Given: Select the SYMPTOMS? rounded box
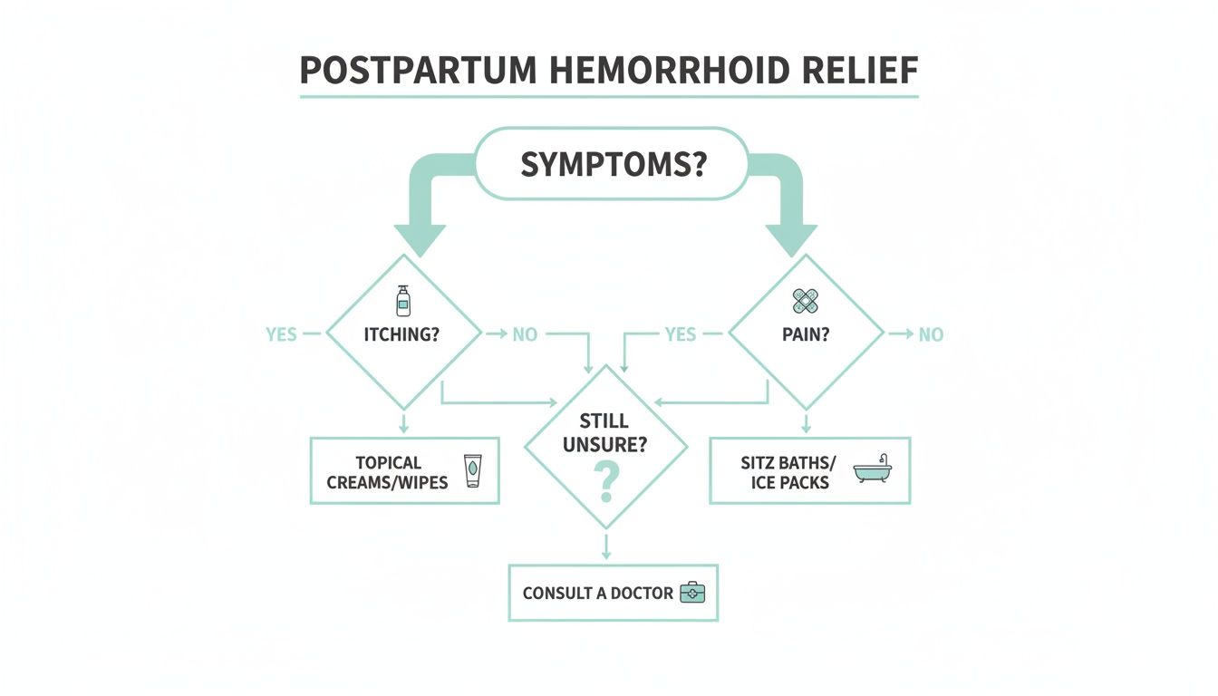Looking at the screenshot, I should [612, 164].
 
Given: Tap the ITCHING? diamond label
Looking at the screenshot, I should [402, 334].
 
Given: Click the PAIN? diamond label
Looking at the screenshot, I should [806, 334].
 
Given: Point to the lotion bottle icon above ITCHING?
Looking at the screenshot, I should [402, 301].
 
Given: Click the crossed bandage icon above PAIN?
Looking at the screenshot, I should [806, 301].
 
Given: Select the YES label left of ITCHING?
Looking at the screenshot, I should [281, 334].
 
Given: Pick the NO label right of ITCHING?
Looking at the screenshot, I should [525, 334].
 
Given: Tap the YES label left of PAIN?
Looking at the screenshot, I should [680, 334].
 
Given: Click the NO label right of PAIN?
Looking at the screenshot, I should [931, 334].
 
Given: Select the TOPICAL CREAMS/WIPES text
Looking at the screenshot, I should [388, 472].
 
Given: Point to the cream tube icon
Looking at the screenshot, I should [471, 471].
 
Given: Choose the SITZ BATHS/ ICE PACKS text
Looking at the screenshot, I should [785, 472].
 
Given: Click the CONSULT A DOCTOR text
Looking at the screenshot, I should [598, 594].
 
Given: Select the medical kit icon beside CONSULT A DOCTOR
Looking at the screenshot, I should [692, 594].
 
